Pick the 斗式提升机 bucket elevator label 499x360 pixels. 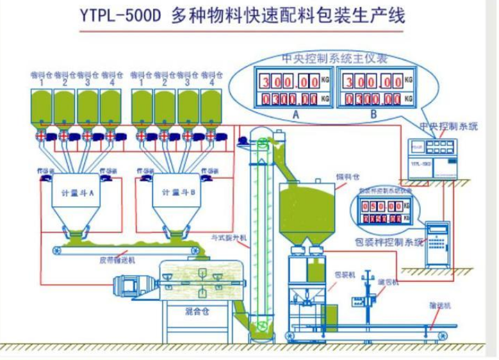[229, 238]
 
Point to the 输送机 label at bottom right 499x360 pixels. [439, 307]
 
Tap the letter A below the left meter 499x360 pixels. [295, 115]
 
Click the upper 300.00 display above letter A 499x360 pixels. [289, 81]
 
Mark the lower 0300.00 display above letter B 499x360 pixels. [372, 99]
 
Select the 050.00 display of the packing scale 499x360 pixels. [382, 206]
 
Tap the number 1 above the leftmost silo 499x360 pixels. [42, 82]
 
